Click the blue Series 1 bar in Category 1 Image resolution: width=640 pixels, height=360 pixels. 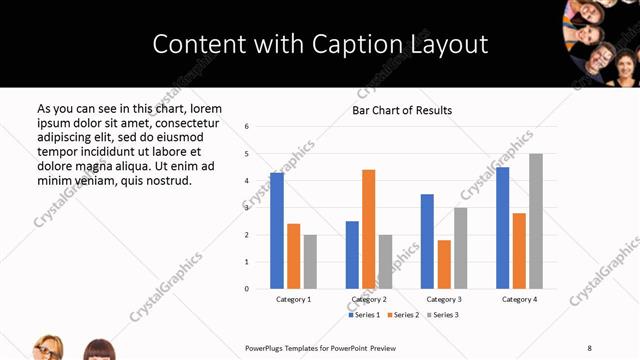pyautogui.click(x=277, y=231)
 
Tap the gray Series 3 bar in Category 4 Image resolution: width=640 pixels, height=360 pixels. pyautogui.click(x=536, y=221)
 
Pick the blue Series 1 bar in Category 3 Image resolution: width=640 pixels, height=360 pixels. pyautogui.click(x=427, y=241)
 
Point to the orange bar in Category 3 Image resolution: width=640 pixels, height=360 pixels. pyautogui.click(x=444, y=264)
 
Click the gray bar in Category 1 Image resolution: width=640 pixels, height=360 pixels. pyautogui.click(x=310, y=262)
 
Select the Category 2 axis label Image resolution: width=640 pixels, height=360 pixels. pyautogui.click(x=369, y=299)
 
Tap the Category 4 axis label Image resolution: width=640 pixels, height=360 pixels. pyautogui.click(x=519, y=299)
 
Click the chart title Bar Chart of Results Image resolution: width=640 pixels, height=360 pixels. pyautogui.click(x=402, y=110)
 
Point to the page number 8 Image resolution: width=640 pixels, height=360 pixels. pyautogui.click(x=589, y=347)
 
